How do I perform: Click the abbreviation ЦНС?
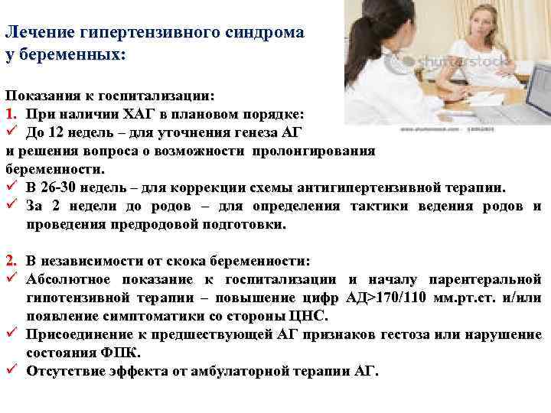click(311, 316)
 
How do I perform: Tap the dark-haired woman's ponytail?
click(360, 38)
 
